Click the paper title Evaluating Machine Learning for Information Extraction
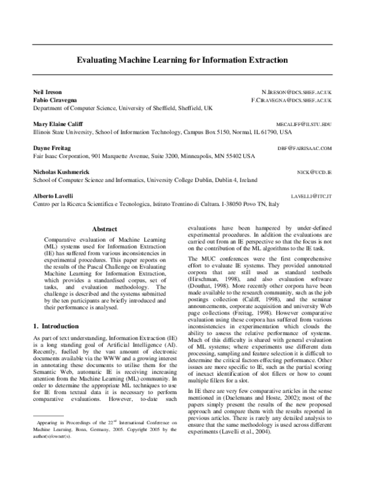[182, 62]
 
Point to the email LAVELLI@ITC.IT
[311, 196]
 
